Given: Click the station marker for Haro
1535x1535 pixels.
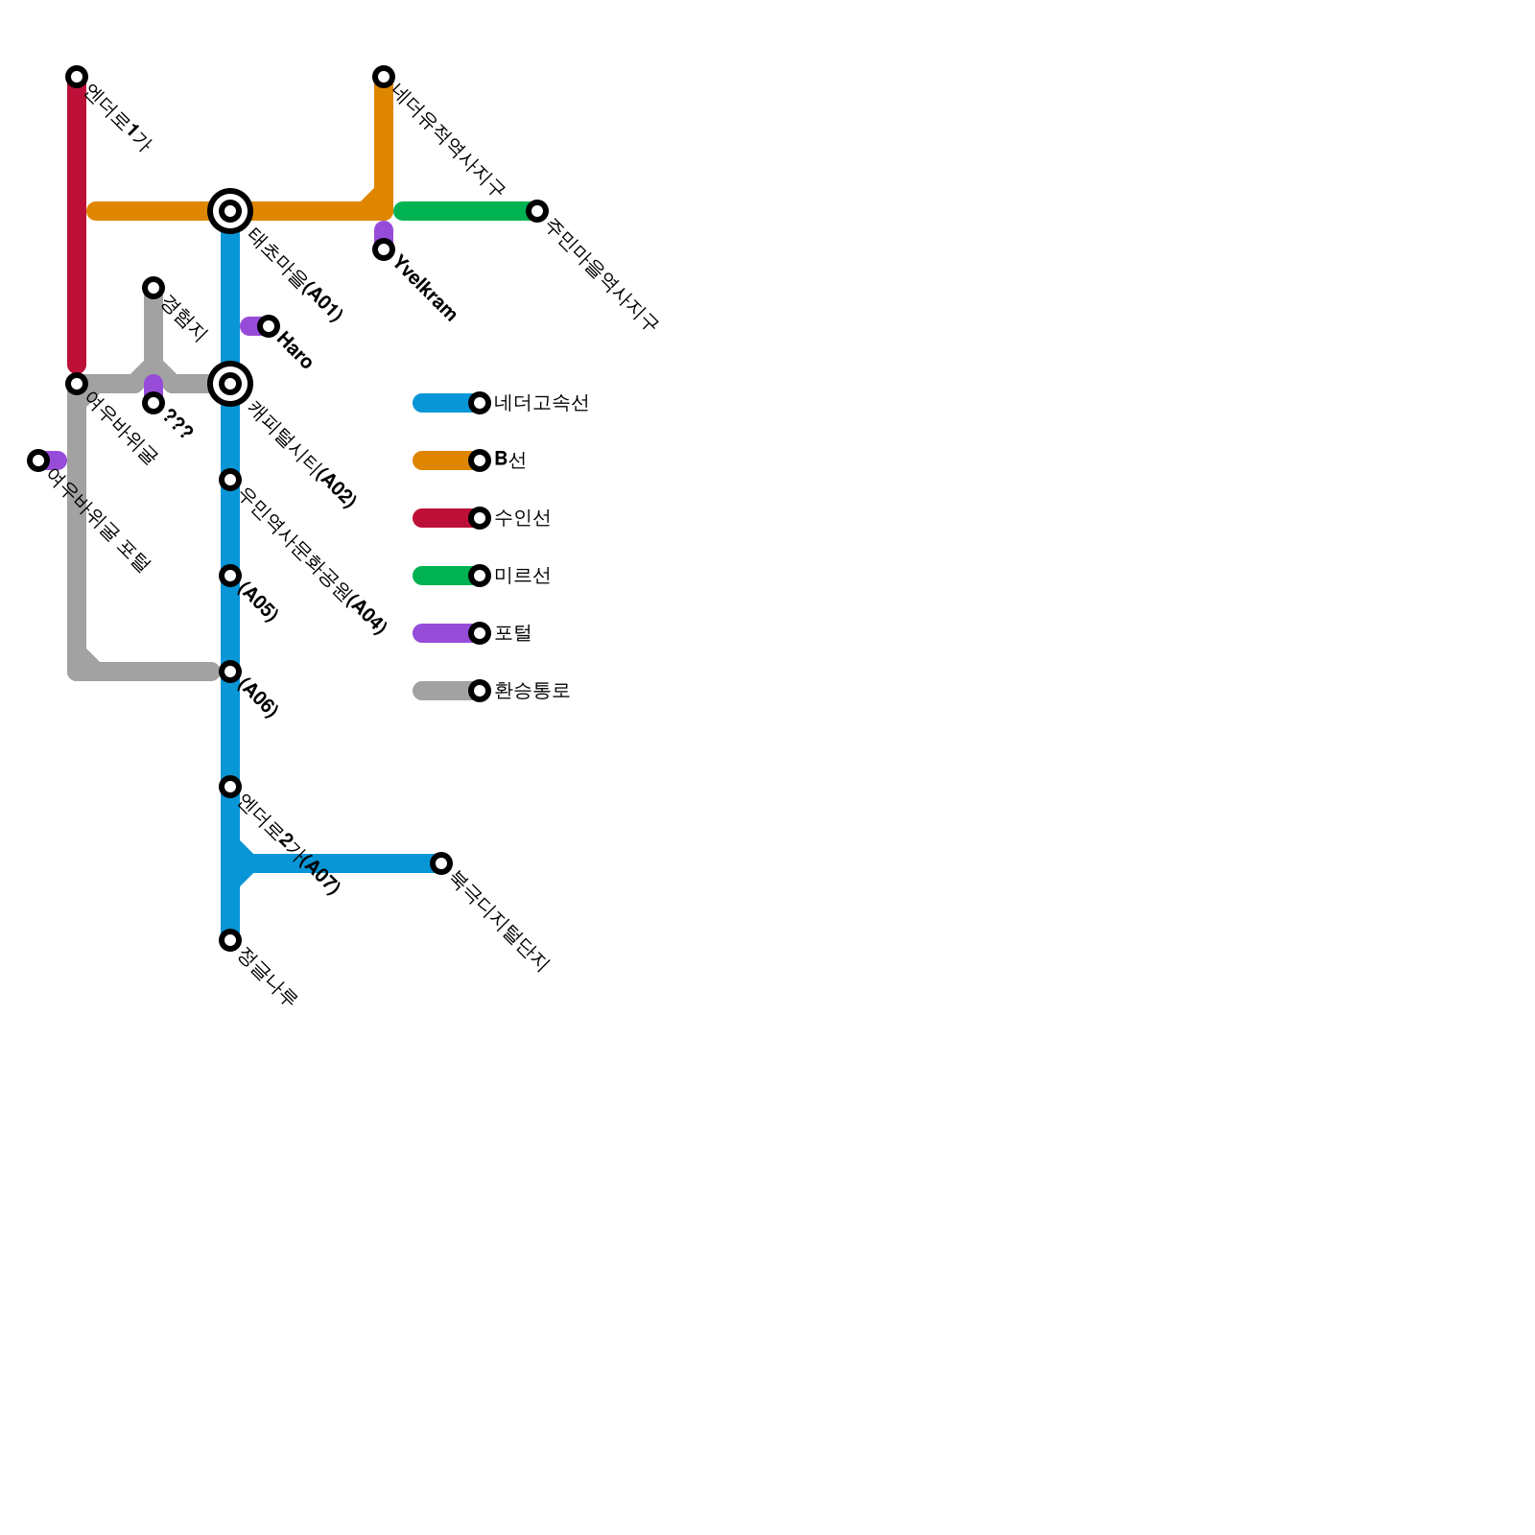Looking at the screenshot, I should (269, 326).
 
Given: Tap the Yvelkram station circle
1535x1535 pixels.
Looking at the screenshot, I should (384, 249).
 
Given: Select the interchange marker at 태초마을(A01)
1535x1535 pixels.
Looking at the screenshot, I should (230, 211).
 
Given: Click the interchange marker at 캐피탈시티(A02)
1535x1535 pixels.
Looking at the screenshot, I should (230, 384).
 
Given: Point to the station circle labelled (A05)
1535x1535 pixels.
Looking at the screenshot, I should (230, 576).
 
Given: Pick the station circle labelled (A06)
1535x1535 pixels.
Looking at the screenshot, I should (230, 672).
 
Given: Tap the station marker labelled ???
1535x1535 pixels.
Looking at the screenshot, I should (153, 403).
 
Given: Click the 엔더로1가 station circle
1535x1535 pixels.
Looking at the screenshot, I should (77, 77).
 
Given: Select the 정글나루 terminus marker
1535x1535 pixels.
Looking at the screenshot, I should (230, 940).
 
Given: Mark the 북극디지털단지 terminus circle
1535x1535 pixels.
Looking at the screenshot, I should (441, 863).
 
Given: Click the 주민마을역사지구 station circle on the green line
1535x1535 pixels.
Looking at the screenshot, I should (537, 211).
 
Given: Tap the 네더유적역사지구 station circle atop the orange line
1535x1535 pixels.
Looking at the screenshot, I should (384, 77).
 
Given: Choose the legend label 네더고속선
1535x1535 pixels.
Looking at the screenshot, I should (541, 403).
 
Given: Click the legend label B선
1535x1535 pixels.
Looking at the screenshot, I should (509, 460).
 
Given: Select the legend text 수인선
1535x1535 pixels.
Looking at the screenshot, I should (522, 518).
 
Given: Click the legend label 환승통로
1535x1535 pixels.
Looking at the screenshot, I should (531, 691).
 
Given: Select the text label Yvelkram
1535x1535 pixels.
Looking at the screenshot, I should (425, 288).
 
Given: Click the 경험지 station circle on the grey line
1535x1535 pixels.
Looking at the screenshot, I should (153, 288).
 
